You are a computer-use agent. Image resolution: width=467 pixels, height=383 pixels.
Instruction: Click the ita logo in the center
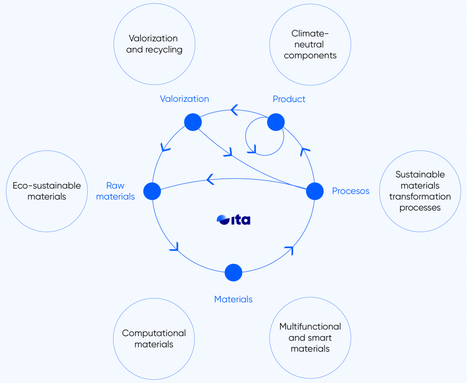233,220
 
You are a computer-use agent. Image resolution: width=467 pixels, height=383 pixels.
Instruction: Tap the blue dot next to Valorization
193,122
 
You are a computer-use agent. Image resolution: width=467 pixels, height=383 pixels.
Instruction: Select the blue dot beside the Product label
276,122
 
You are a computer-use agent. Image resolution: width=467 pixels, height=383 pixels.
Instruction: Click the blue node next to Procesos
315,191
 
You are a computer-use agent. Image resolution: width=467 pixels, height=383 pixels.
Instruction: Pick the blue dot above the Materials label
233,273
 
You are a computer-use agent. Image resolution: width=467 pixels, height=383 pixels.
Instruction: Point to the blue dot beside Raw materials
152,191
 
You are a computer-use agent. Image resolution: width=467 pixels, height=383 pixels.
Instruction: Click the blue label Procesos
351,191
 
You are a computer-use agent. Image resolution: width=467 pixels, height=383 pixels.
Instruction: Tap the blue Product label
289,99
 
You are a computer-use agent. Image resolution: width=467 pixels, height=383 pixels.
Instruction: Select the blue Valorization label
184,98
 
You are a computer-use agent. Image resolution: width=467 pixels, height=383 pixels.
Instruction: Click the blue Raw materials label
115,191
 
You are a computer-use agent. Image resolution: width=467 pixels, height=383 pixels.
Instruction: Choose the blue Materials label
233,299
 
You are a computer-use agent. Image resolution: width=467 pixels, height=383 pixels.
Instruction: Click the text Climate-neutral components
310,44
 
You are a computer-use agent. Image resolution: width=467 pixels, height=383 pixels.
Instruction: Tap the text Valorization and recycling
154,44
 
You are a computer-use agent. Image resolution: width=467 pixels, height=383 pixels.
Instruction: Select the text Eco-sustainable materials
47,191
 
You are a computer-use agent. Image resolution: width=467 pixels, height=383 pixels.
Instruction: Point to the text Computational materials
154,339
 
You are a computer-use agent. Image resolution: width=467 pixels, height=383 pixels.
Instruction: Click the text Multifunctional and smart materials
310,337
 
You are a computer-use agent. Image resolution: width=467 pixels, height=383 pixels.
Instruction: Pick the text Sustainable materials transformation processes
420,191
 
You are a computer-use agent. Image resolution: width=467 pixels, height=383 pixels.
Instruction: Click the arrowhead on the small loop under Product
252,150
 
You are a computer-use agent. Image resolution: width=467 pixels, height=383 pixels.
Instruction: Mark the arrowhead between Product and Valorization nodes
234,110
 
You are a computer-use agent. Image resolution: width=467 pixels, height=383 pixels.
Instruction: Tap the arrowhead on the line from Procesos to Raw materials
210,179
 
